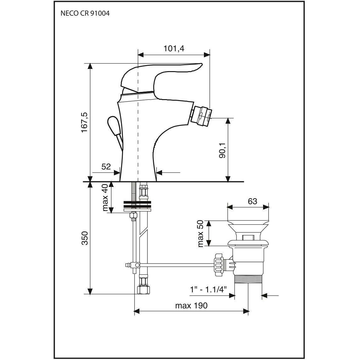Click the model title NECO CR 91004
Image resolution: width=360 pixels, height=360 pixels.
click(x=85, y=13)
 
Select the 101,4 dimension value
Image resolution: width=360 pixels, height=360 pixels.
click(x=174, y=49)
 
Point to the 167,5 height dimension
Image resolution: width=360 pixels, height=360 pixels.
click(x=85, y=122)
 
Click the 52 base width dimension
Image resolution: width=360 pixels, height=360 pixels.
click(x=106, y=166)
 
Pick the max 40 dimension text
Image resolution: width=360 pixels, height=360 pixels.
click(x=105, y=197)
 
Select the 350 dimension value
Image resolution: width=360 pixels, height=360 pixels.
click(x=85, y=238)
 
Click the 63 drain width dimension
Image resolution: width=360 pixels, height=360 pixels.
click(x=252, y=201)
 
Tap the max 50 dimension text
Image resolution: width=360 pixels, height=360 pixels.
click(x=200, y=233)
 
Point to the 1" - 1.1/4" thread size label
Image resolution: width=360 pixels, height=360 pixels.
click(x=208, y=290)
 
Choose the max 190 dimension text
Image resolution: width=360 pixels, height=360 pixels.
click(x=191, y=306)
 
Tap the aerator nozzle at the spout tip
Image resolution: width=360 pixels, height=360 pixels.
click(x=201, y=115)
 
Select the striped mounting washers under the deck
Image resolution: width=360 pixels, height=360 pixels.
click(x=137, y=206)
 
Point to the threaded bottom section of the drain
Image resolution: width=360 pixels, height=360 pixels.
click(x=248, y=279)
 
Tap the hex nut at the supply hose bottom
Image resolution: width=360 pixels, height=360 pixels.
click(x=143, y=290)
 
